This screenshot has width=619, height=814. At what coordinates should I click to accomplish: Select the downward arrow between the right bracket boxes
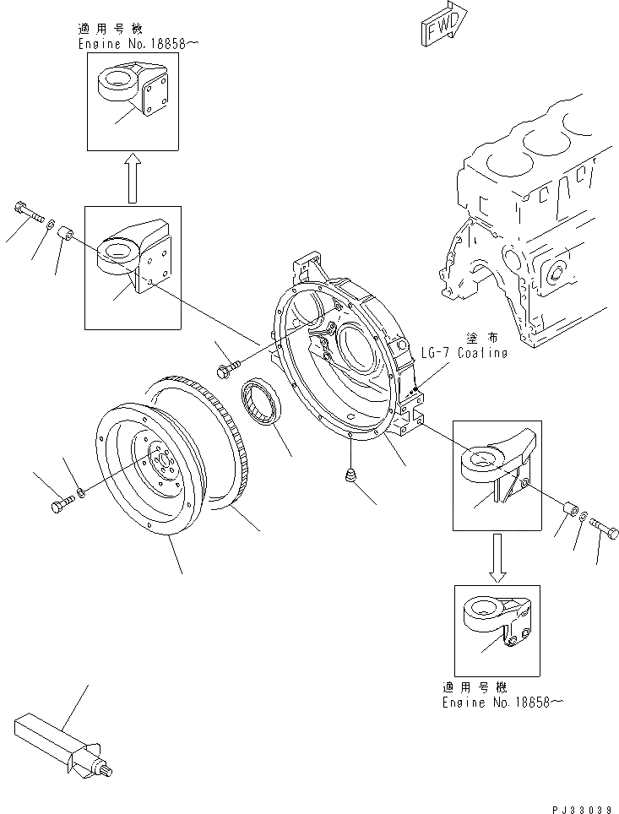click(497, 557)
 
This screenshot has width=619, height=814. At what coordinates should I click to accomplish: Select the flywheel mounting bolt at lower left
click(62, 503)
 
